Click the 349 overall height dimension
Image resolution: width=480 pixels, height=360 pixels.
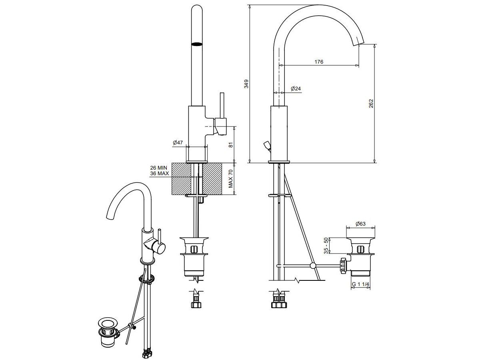tap(246, 84)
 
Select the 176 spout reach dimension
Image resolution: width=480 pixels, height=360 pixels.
tap(319, 62)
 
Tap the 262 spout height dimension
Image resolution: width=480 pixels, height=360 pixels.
tap(371, 103)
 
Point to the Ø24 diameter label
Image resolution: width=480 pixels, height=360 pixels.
tap(296, 88)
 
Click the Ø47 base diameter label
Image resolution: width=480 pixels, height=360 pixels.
tap(178, 142)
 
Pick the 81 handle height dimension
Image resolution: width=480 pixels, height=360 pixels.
tap(231, 145)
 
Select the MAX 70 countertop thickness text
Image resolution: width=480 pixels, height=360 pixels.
tap(231, 179)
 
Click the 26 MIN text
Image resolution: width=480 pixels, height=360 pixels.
tap(158, 168)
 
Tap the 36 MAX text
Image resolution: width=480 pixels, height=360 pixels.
tap(160, 173)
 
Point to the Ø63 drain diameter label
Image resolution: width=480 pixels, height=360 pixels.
tap(360, 224)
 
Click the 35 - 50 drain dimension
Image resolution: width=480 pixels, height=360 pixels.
tap(326, 246)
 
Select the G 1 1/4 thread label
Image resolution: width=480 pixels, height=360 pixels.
tap(360, 284)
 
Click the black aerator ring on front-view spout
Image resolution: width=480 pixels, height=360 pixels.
tap(197, 44)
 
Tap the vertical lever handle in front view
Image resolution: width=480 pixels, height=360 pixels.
tap(222, 105)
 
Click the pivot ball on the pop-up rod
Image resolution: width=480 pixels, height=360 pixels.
tap(313, 266)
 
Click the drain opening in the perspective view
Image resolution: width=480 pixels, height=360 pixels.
tap(108, 323)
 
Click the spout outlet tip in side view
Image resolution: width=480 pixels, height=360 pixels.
tap(359, 44)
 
